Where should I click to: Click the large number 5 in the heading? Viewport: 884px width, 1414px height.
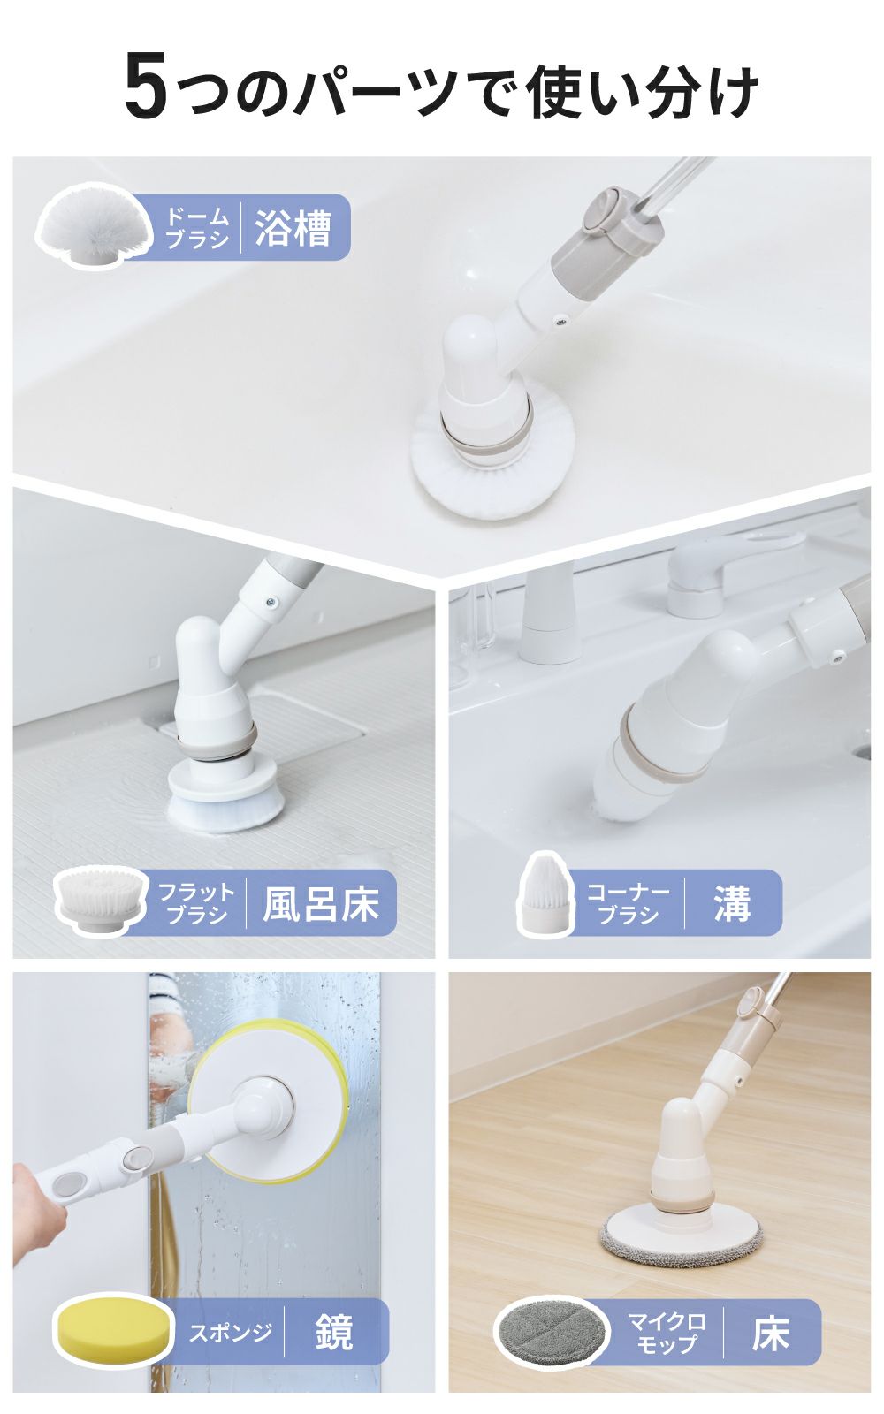[146, 87]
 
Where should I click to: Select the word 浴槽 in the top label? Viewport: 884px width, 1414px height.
[293, 228]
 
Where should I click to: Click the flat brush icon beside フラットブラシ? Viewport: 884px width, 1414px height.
[99, 900]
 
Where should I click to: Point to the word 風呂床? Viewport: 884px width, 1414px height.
[320, 904]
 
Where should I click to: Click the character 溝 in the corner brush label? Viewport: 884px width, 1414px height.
[732, 903]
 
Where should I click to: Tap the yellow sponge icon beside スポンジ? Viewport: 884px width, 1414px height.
[112, 1328]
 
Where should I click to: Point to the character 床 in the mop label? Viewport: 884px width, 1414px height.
[769, 1334]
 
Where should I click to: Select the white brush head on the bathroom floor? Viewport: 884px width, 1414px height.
[225, 804]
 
